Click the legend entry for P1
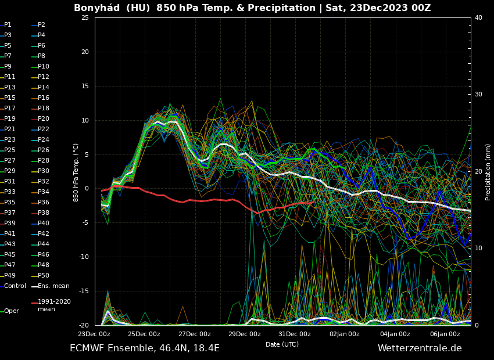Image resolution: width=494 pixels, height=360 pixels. pyautogui.click(x=8, y=25)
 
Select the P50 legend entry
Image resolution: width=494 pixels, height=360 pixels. pyautogui.click(x=43, y=276)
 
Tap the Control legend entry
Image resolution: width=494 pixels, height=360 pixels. pyautogui.click(x=15, y=286)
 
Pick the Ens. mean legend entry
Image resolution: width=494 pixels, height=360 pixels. pyautogui.click(x=53, y=286)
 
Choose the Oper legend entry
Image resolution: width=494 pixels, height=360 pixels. pyautogui.click(x=11, y=311)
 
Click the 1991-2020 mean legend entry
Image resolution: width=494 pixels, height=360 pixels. pyautogui.click(x=54, y=305)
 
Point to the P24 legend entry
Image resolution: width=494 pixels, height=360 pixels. pyautogui.click(x=43, y=140)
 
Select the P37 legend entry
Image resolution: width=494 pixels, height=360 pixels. pyautogui.click(x=10, y=213)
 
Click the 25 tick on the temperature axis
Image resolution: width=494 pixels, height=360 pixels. pyautogui.click(x=85, y=18)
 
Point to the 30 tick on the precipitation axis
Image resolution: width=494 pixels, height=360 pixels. pyautogui.click(x=478, y=94)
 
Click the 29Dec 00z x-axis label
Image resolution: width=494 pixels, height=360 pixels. pyautogui.click(x=245, y=334)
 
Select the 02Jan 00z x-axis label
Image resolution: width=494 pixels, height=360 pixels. pyautogui.click(x=345, y=334)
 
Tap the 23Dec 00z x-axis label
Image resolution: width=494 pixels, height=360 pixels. pyautogui.click(x=94, y=334)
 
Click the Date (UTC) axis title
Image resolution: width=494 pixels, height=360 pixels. pyautogui.click(x=282, y=345)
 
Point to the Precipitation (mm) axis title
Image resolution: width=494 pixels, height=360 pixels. pyautogui.click(x=488, y=172)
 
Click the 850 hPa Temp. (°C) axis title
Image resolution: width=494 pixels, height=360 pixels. pyautogui.click(x=76, y=172)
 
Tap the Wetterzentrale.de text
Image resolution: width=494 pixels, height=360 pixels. pyautogui.click(x=420, y=348)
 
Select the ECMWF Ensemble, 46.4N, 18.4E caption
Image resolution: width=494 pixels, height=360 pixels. pyautogui.click(x=145, y=348)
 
